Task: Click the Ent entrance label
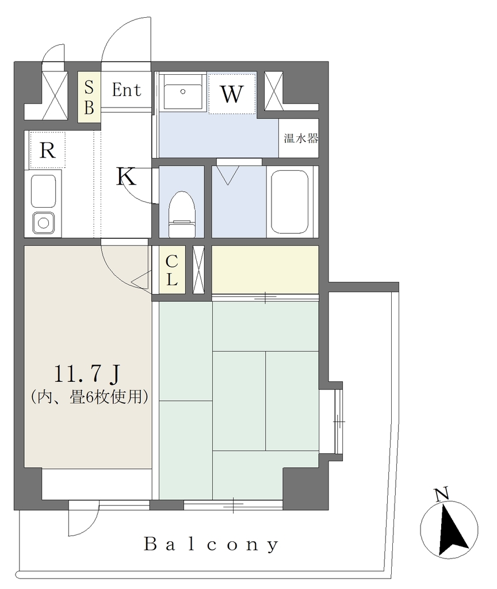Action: [x=127, y=90]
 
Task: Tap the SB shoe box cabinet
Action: [x=89, y=97]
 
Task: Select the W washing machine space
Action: [x=232, y=94]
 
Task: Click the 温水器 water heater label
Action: [x=301, y=138]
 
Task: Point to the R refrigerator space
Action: [x=47, y=150]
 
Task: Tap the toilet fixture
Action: [x=182, y=214]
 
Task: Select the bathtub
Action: [x=290, y=202]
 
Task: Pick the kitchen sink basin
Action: [x=44, y=191]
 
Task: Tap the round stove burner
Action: [x=44, y=223]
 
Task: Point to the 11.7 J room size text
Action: [x=87, y=374]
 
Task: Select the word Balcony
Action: [x=212, y=544]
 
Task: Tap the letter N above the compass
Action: [x=442, y=494]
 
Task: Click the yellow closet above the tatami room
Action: [x=265, y=269]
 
